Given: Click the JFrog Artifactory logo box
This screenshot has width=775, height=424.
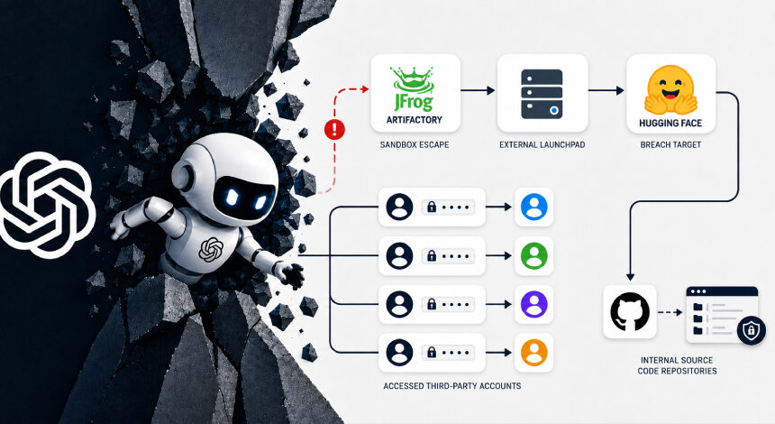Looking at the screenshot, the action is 415,93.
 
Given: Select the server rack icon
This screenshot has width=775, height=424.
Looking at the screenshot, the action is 542,94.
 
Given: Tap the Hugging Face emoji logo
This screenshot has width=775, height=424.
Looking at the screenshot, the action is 670,90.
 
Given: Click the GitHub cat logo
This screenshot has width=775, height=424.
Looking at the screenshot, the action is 630,312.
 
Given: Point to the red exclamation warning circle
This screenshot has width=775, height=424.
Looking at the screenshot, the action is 334,130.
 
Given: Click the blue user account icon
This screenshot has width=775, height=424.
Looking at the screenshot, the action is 533,207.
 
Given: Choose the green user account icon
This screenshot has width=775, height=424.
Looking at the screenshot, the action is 533,256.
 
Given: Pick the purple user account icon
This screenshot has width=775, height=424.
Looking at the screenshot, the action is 533,304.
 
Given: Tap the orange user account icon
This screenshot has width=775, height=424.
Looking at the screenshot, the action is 533,353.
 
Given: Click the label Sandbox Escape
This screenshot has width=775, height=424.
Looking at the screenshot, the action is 415,145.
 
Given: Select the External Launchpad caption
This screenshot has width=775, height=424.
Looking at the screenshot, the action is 542,145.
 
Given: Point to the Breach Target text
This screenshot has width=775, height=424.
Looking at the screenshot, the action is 670,145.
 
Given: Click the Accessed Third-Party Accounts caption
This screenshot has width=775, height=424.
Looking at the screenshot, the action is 452,386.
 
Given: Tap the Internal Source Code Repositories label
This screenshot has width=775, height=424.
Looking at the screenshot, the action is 677,365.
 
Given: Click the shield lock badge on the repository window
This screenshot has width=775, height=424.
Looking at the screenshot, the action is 752,330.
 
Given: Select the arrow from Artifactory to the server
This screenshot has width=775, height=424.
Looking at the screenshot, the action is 478,90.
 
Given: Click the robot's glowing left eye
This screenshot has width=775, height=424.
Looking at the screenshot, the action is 232,197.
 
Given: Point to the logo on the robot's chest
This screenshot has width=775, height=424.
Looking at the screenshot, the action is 211,249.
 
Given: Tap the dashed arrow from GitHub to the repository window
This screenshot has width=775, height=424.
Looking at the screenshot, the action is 670,312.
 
